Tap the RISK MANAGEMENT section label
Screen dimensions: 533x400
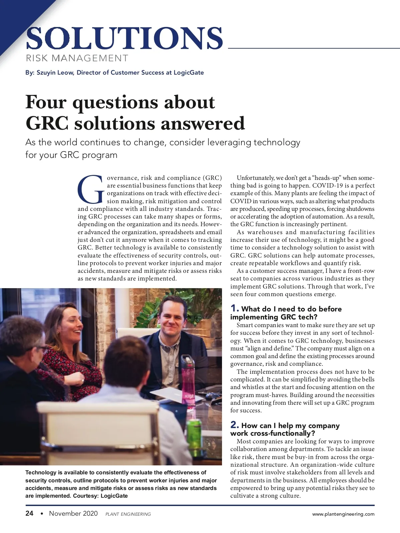[77, 58]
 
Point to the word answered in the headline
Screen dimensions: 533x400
[203, 124]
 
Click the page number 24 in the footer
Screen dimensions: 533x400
[29, 513]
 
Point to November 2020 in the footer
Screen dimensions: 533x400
[73, 513]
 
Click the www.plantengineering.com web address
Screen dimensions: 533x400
[343, 514]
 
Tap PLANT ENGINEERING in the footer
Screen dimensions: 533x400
[128, 514]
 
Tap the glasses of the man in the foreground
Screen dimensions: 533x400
[40, 349]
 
